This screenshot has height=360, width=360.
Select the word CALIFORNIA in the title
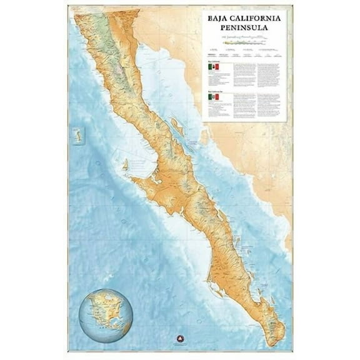coord(257,19)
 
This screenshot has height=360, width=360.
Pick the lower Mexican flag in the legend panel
coord(212,99)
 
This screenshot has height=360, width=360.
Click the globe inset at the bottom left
coord(105,316)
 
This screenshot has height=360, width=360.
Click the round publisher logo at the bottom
coord(180,344)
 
